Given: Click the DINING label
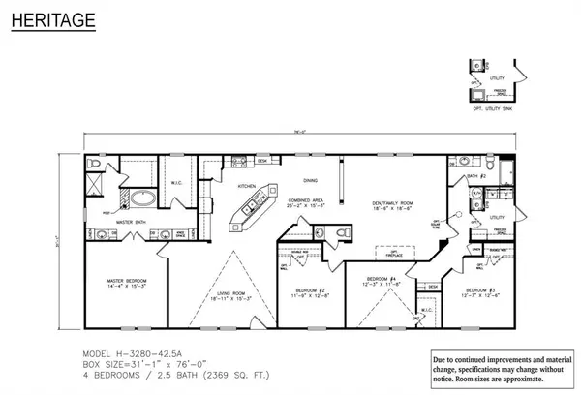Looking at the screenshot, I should (311, 180).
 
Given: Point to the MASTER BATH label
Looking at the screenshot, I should (133, 222).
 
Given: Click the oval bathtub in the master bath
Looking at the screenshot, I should (143, 200).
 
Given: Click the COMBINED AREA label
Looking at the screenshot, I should (299, 204).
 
